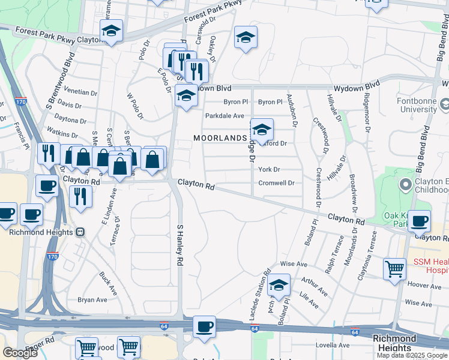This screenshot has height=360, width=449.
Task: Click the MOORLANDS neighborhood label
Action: pyautogui.click(x=220, y=138)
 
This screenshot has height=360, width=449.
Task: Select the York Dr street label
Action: pyautogui.click(x=269, y=170)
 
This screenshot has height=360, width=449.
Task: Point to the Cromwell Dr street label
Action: pyautogui.click(x=276, y=183)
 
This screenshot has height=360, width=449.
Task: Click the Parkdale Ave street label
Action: pyautogui.click(x=224, y=116)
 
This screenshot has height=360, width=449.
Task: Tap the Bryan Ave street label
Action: pyautogui.click(x=92, y=300)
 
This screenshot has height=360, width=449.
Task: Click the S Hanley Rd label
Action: pyautogui.click(x=179, y=245)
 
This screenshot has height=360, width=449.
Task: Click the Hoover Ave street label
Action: pyautogui.click(x=424, y=286)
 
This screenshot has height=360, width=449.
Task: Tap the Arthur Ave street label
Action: pyautogui.click(x=315, y=286)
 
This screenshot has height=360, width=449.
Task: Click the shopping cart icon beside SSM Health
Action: pyautogui.click(x=394, y=269)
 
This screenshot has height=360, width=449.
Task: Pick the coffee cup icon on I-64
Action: pyautogui.click(x=205, y=326)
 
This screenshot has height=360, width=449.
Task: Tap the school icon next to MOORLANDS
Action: pyautogui.click(x=262, y=129)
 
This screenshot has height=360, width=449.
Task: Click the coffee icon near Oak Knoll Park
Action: pyautogui.click(x=419, y=220)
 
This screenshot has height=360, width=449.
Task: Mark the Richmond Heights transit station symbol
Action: pyautogui.click(x=80, y=232)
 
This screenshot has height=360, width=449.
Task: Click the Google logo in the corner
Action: pyautogui.click(x=20, y=353)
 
